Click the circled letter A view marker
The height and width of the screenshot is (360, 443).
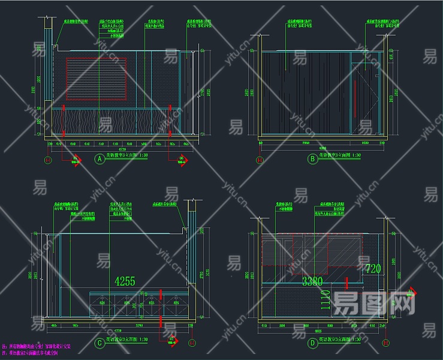(100, 159)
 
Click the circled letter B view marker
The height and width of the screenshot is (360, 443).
(312, 159)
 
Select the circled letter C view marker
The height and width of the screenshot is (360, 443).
(100, 344)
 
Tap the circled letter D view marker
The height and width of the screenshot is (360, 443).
(312, 344)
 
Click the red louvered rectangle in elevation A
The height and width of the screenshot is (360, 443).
(97, 79)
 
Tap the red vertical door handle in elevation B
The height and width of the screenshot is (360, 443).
(355, 100)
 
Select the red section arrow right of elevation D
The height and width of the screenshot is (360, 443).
(411, 293)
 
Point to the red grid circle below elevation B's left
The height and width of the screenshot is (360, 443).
(260, 160)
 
